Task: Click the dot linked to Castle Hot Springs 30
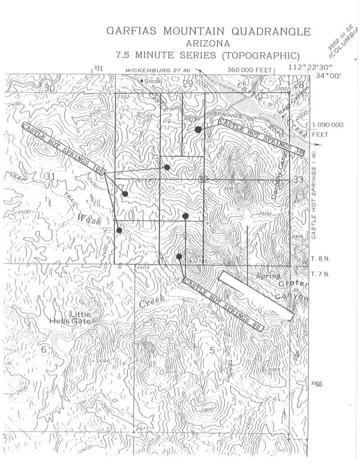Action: (198, 130)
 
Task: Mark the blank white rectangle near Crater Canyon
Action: (256, 297)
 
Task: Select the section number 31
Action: (50, 177)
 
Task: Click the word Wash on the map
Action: (89, 219)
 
